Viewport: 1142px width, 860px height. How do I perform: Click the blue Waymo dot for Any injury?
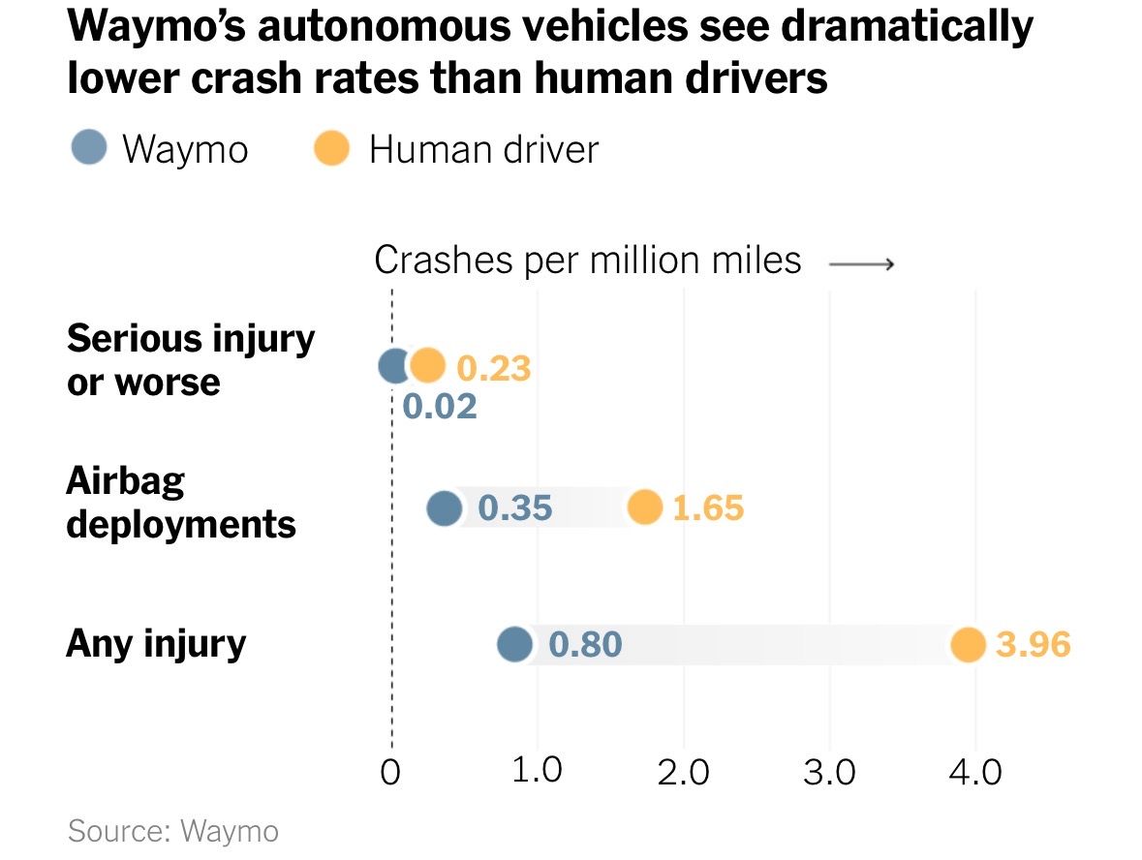pos(515,644)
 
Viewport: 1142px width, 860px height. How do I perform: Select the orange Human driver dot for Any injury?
pos(967,644)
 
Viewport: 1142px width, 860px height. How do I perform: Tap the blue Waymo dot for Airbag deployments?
pos(445,507)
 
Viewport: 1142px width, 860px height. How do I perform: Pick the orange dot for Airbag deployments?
pos(644,507)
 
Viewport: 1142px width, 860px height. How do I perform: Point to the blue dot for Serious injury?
pos(393,366)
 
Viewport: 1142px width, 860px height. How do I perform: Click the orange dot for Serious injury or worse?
pos(427,365)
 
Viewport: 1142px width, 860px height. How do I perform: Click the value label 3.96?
pos(1034,645)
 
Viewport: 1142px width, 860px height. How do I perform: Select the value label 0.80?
pos(585,644)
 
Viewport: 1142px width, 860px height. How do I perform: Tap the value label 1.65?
pos(708,508)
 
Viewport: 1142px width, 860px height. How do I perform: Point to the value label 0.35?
pos(515,507)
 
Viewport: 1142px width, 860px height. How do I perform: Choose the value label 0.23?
pos(494,369)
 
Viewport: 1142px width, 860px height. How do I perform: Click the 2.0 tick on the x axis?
pos(685,773)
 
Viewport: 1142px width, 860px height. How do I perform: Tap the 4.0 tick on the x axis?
pos(975,773)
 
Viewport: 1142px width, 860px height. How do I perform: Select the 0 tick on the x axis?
pos(391,773)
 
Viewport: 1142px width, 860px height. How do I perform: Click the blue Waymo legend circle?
pos(88,149)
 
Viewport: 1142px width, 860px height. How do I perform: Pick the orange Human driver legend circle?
pos(332,149)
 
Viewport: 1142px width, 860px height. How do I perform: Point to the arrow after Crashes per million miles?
pos(861,262)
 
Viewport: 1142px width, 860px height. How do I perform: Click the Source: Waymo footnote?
pos(173,831)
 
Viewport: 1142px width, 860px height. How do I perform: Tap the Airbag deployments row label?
pos(181,503)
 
